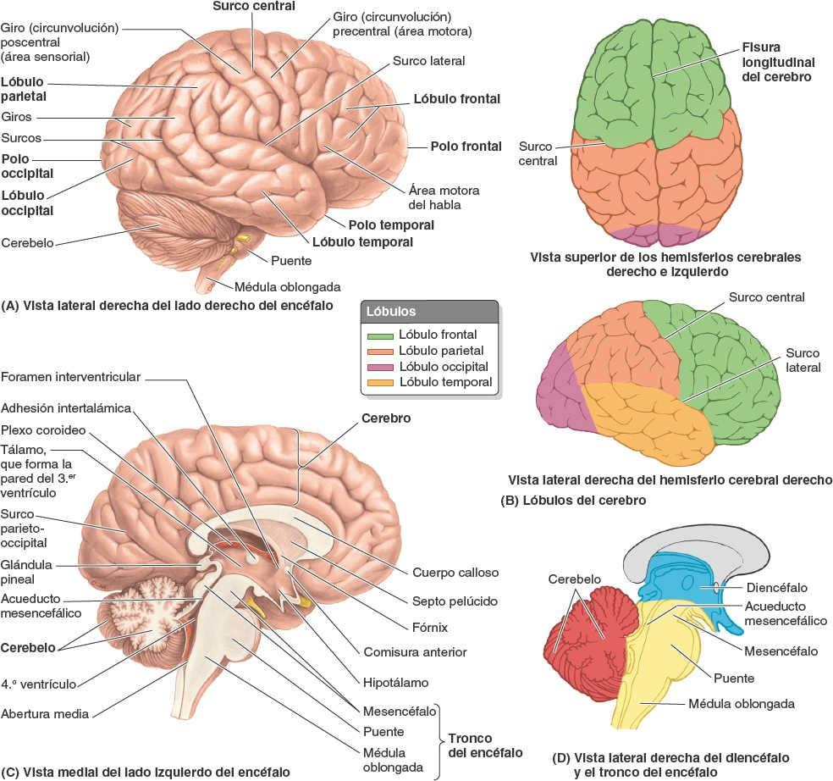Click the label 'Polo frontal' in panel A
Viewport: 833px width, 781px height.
pos(466,146)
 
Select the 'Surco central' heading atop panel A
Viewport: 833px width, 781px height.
pos(255,7)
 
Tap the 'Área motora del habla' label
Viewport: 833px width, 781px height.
pos(439,197)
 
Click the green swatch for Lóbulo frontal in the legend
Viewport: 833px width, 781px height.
pos(379,335)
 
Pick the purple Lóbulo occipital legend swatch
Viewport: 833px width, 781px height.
pos(379,367)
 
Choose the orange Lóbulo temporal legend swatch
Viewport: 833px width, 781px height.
pos(379,383)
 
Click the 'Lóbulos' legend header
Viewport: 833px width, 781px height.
pos(391,312)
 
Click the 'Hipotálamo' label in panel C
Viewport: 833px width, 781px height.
pos(395,681)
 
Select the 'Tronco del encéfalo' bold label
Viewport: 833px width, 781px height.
pos(481,745)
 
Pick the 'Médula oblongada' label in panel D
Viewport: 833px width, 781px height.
pos(741,703)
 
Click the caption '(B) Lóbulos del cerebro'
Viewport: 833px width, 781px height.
pos(573,501)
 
